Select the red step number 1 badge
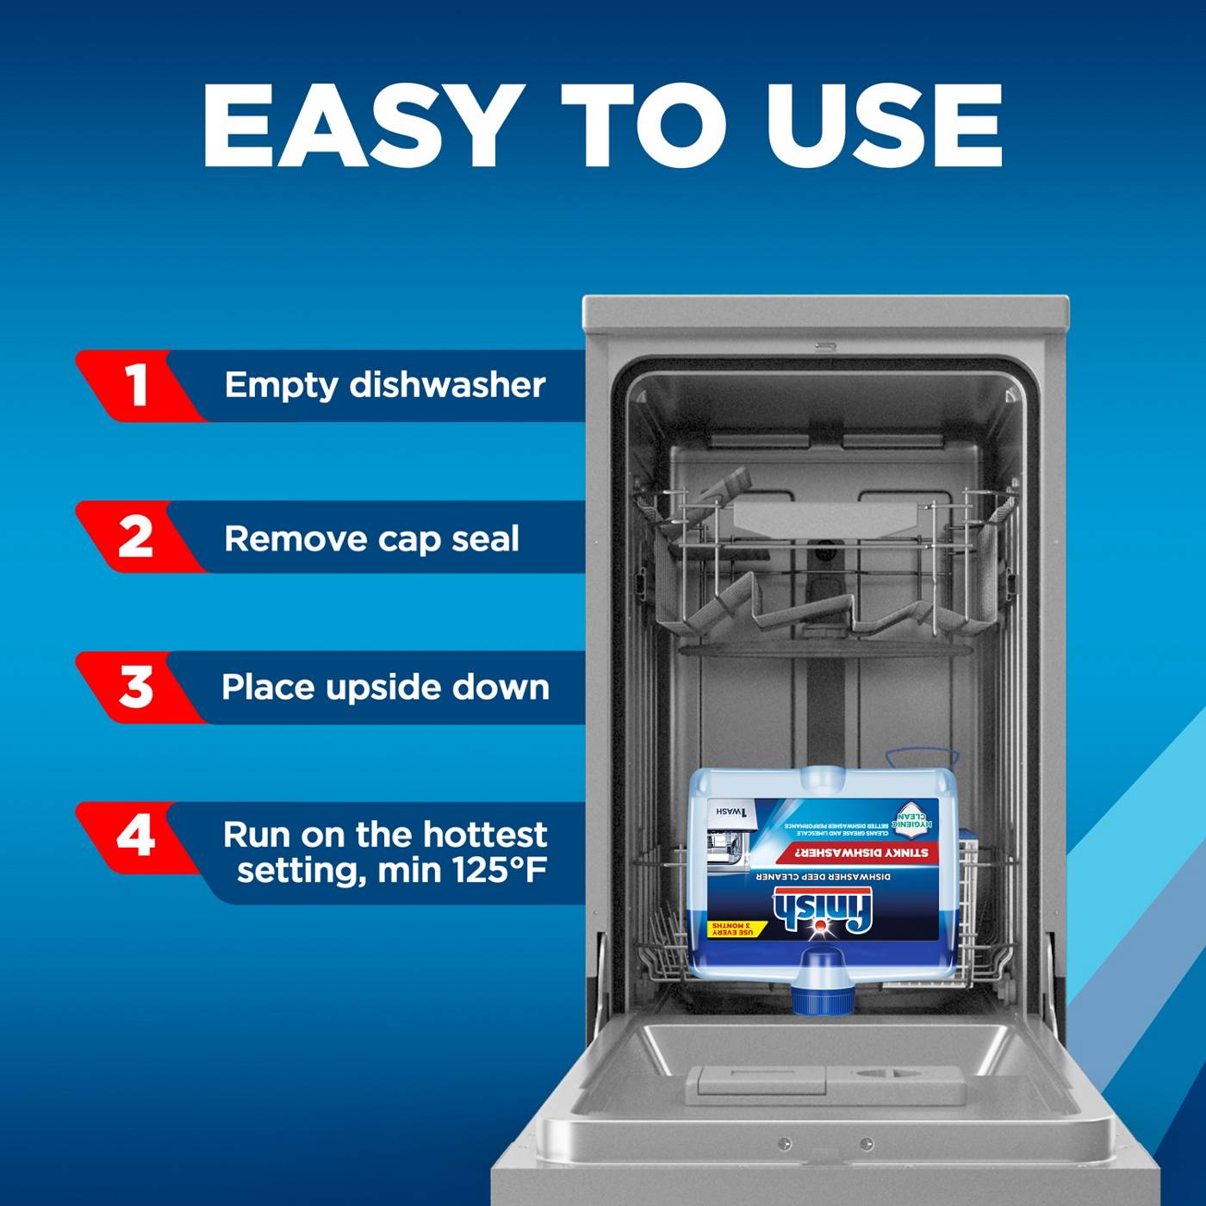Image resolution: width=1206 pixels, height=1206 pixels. click(135, 385)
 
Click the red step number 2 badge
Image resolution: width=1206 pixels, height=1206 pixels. click(135, 537)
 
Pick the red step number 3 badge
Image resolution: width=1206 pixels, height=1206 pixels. click(135, 687)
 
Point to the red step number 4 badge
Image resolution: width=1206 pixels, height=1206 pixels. click(135, 836)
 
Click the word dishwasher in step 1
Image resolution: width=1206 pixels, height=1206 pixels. click(447, 385)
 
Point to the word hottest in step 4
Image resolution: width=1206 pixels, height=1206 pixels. click(484, 834)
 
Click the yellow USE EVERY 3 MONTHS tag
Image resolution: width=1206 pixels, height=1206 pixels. click(732, 929)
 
